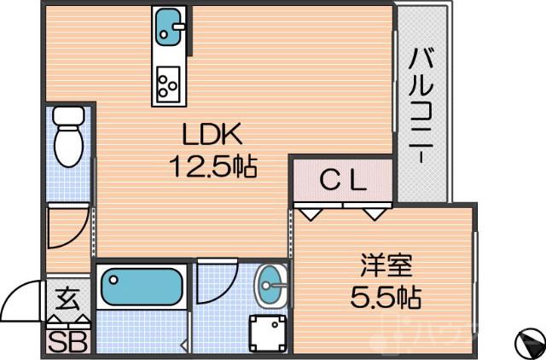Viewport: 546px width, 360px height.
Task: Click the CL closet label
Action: click(343, 180)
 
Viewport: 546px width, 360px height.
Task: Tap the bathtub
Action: click(142, 287)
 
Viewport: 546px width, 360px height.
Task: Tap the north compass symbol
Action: click(529, 343)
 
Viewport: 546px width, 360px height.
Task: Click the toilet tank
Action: click(67, 115)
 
